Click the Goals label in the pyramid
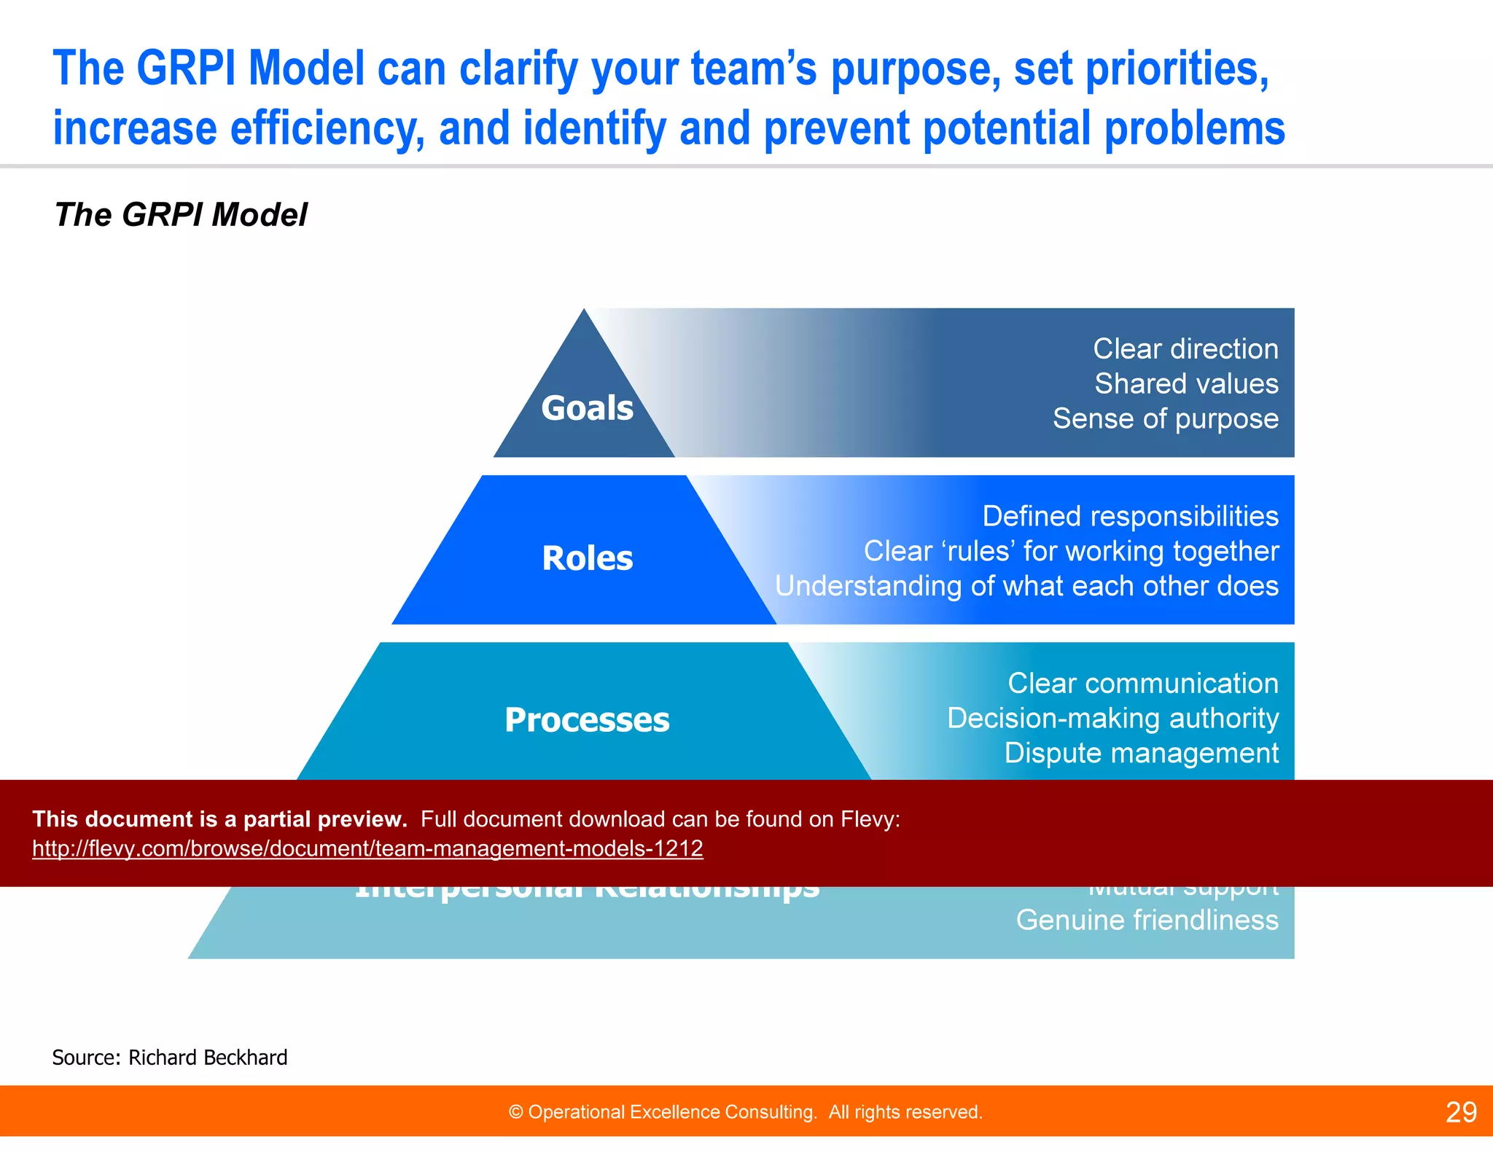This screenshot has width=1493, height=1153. pyautogui.click(x=587, y=408)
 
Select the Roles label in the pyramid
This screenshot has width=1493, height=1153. pyautogui.click(x=588, y=559)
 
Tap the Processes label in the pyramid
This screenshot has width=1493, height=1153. pyautogui.click(x=587, y=720)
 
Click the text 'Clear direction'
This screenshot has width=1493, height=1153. pyautogui.click(x=1185, y=349)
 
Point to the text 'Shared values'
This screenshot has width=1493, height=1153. pyautogui.click(x=1186, y=384)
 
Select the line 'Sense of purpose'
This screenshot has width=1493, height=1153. pyautogui.click(x=1165, y=419)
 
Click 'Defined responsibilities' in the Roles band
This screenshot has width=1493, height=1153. pyautogui.click(x=1130, y=517)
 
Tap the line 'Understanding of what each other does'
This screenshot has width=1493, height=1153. pyautogui.click(x=1026, y=587)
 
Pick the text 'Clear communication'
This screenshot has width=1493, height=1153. pyautogui.click(x=1142, y=684)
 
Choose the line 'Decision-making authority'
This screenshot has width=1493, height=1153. pyautogui.click(x=1112, y=719)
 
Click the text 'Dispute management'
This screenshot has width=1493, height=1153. pyautogui.click(x=1141, y=754)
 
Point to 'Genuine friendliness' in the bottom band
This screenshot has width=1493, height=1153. pyautogui.click(x=1147, y=921)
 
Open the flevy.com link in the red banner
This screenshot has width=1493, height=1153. pyautogui.click(x=367, y=849)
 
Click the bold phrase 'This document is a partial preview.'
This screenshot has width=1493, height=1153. pyautogui.click(x=219, y=819)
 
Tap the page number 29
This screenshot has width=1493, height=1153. pyautogui.click(x=1461, y=1112)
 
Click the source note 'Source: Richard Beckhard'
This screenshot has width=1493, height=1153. pyautogui.click(x=170, y=1058)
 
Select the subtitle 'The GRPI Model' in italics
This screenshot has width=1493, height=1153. pyautogui.click(x=181, y=215)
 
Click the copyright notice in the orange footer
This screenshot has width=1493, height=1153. pyautogui.click(x=745, y=1112)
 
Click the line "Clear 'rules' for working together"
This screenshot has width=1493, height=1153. pyautogui.click(x=1071, y=552)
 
